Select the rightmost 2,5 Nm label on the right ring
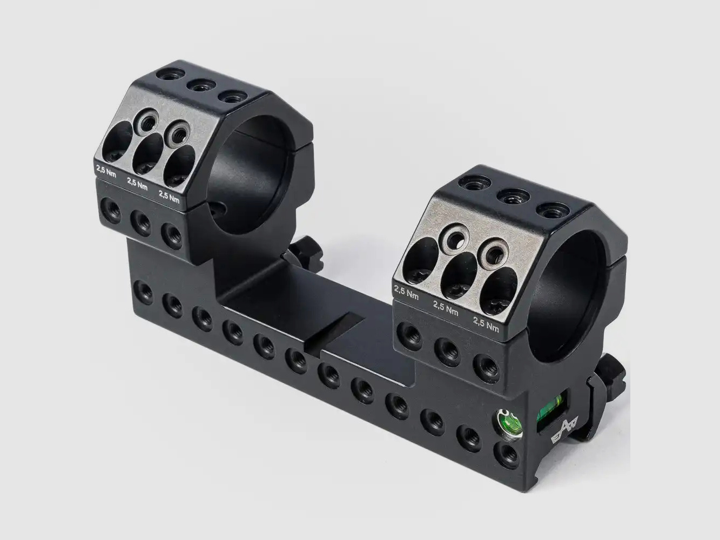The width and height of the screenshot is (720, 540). (486, 325)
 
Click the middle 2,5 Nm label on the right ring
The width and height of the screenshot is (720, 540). (446, 310)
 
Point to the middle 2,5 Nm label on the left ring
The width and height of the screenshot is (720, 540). (137, 183)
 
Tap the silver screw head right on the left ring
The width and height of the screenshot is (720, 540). (176, 131)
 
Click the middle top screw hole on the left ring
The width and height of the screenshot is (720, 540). (199, 85)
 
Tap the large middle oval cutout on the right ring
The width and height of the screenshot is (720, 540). (460, 275)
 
